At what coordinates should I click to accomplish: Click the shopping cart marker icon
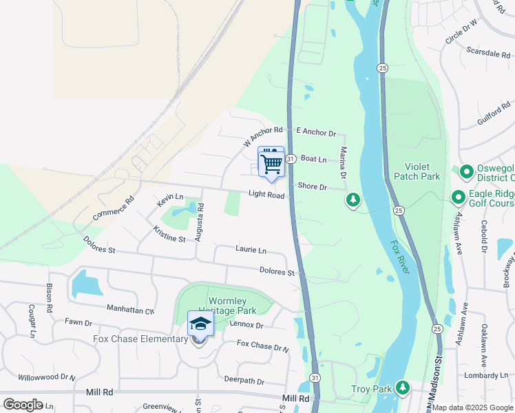(271, 163)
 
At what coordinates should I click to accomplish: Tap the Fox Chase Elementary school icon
(200, 324)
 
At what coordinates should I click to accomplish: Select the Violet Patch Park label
(417, 171)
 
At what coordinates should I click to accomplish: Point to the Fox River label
(401, 257)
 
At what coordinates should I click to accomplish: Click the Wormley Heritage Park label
(218, 306)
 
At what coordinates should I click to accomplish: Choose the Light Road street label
(266, 195)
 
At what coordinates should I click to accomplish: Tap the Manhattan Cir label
(130, 309)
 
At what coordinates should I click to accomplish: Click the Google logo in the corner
(23, 404)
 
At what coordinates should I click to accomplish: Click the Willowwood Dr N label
(46, 377)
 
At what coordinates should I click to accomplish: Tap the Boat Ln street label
(313, 159)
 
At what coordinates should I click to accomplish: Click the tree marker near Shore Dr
(353, 200)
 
